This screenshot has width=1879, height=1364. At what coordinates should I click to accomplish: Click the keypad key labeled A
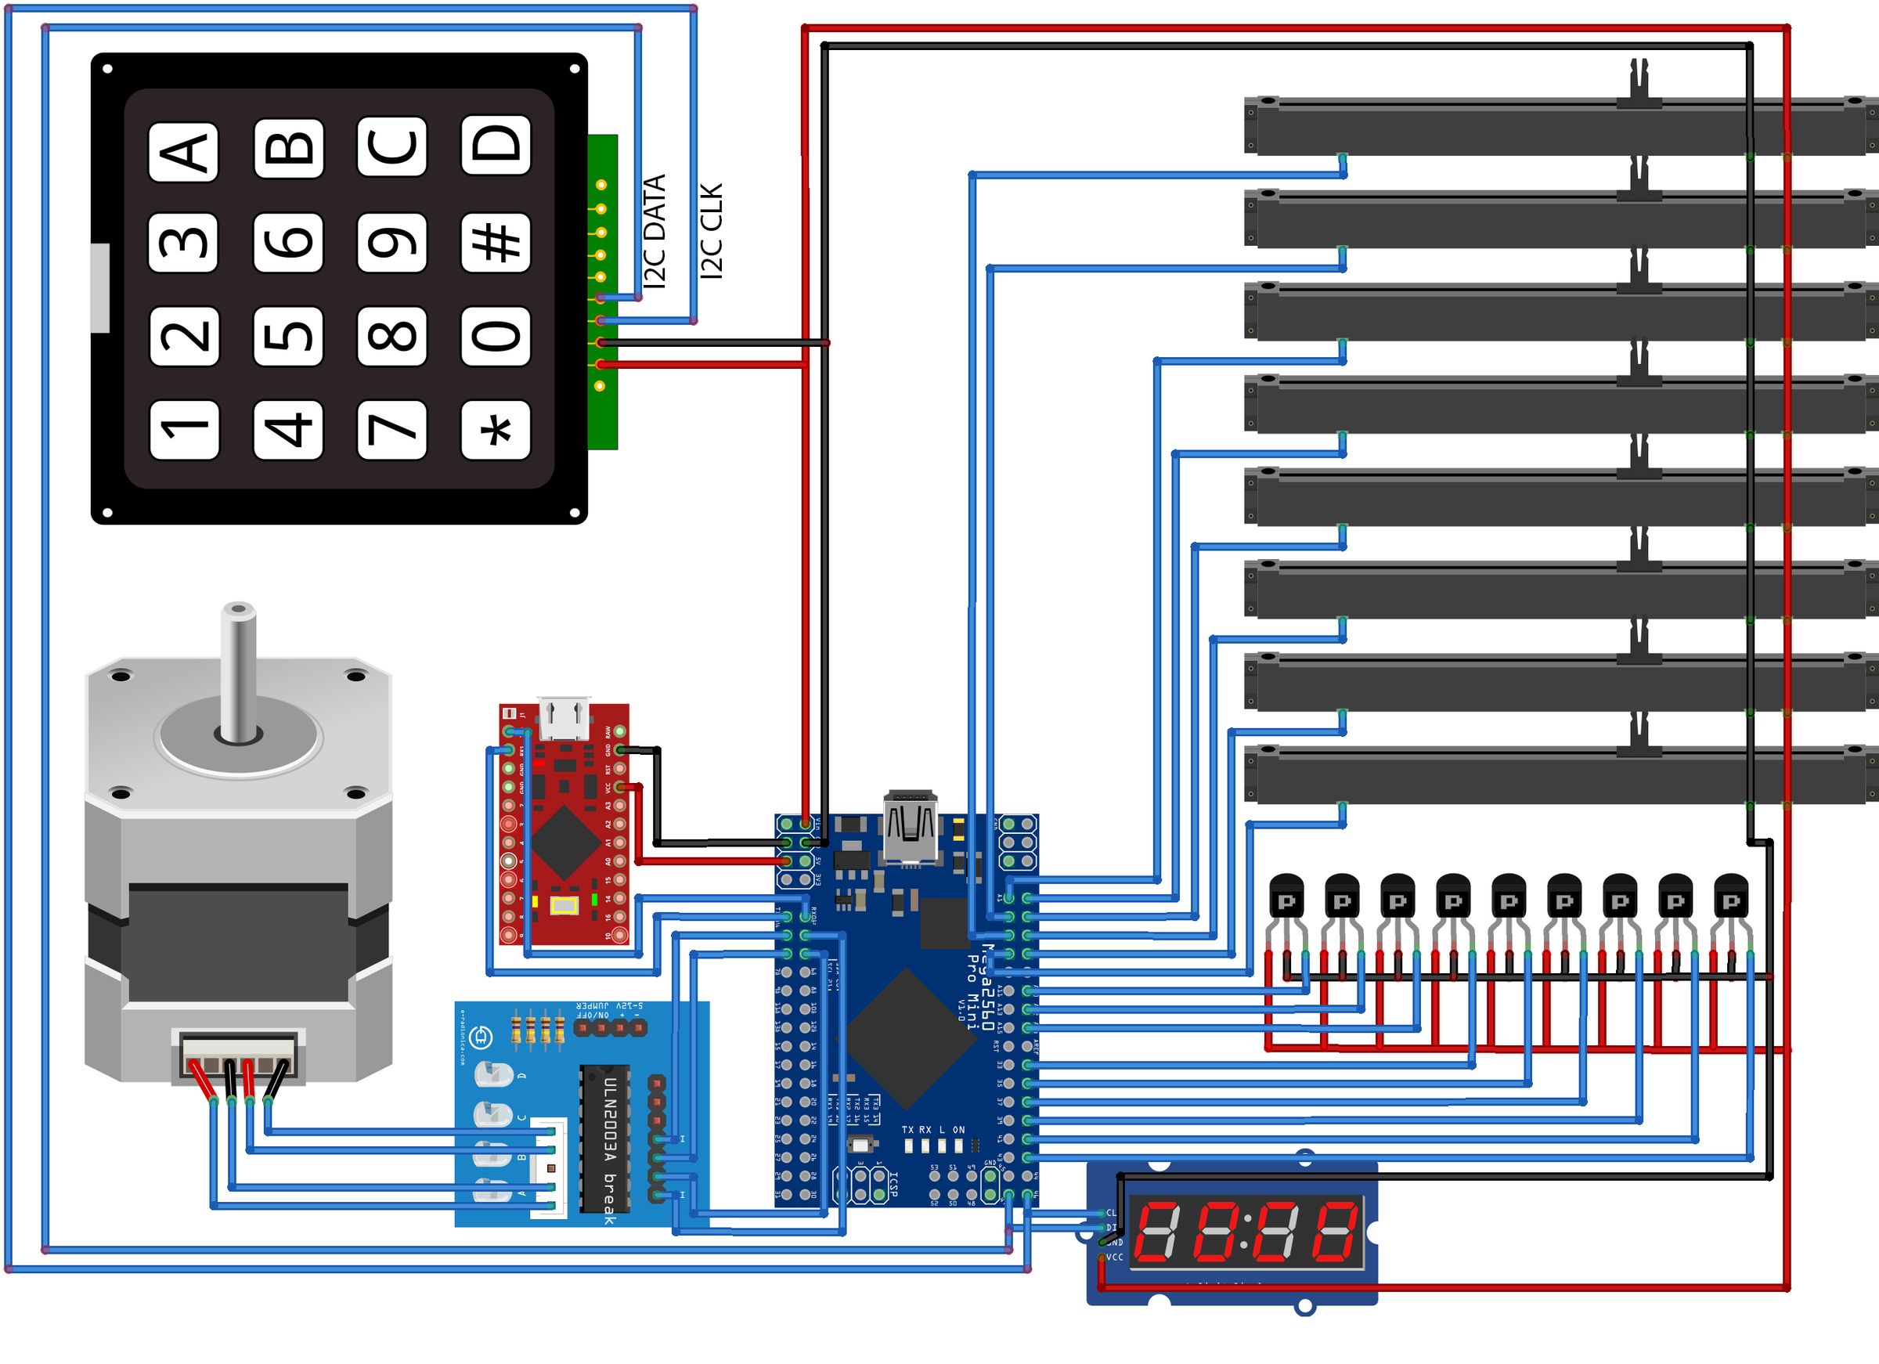click(183, 152)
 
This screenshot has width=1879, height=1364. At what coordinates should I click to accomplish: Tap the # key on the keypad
click(496, 241)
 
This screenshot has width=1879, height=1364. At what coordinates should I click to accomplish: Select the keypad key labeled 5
click(287, 335)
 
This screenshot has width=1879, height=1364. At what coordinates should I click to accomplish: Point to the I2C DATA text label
click(655, 231)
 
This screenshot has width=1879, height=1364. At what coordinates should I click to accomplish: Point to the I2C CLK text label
click(712, 231)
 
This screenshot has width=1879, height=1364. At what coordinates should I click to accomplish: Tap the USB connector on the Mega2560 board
click(911, 828)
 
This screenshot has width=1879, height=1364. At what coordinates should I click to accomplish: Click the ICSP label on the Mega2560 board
click(893, 1183)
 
